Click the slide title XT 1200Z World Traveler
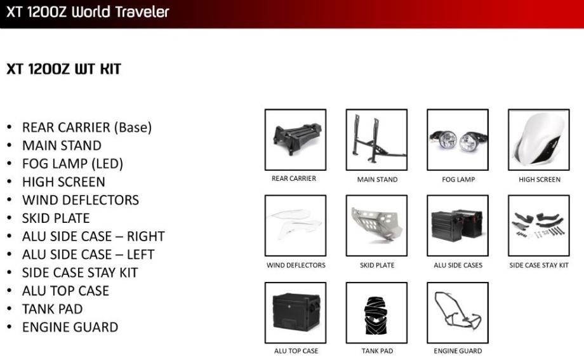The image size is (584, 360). pyautogui.click(x=88, y=12)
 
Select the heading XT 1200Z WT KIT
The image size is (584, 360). pyautogui.click(x=63, y=69)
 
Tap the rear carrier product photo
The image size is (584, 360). pyautogui.click(x=295, y=140)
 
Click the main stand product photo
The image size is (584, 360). pyautogui.click(x=376, y=140)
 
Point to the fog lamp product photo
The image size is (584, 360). pyautogui.click(x=458, y=140)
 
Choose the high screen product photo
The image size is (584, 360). pyautogui.click(x=539, y=140)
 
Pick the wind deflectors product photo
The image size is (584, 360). pyautogui.click(x=295, y=225)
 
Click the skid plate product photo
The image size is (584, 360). pyautogui.click(x=376, y=225)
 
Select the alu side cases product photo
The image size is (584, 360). pyautogui.click(x=458, y=225)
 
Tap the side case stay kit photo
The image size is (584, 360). pyautogui.click(x=539, y=225)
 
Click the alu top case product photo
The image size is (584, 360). pyautogui.click(x=295, y=312)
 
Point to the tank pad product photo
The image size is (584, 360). pyautogui.click(x=376, y=312)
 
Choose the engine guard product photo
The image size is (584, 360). pyautogui.click(x=458, y=312)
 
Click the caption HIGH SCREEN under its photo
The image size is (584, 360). pyautogui.click(x=540, y=180)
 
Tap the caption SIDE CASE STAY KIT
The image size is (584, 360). pyautogui.click(x=539, y=265)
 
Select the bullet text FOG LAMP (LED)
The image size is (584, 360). pyautogui.click(x=72, y=164)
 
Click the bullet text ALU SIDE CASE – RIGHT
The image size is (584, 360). pyautogui.click(x=93, y=236)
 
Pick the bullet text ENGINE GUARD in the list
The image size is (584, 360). pyautogui.click(x=70, y=327)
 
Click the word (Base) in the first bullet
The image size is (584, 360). pyautogui.click(x=133, y=128)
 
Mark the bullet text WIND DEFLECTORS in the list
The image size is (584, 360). pyautogui.click(x=81, y=200)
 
